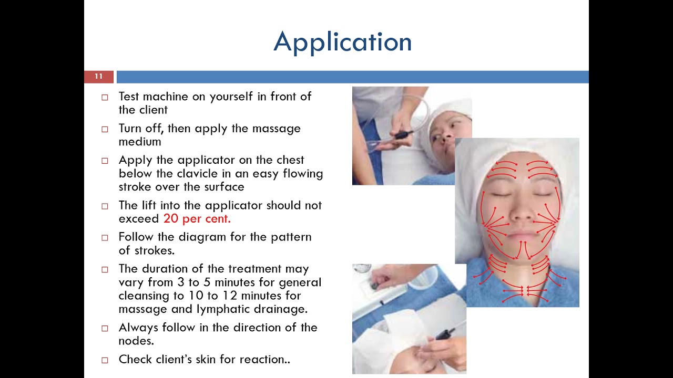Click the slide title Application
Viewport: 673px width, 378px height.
342,42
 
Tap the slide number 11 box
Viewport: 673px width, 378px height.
99,77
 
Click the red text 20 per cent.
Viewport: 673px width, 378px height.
197,219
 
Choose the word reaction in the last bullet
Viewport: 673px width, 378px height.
263,360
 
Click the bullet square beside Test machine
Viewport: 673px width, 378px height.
105,97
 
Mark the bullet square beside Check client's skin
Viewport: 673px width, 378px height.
105,360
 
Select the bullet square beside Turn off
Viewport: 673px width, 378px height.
105,129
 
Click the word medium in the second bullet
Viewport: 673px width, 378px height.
139,142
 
